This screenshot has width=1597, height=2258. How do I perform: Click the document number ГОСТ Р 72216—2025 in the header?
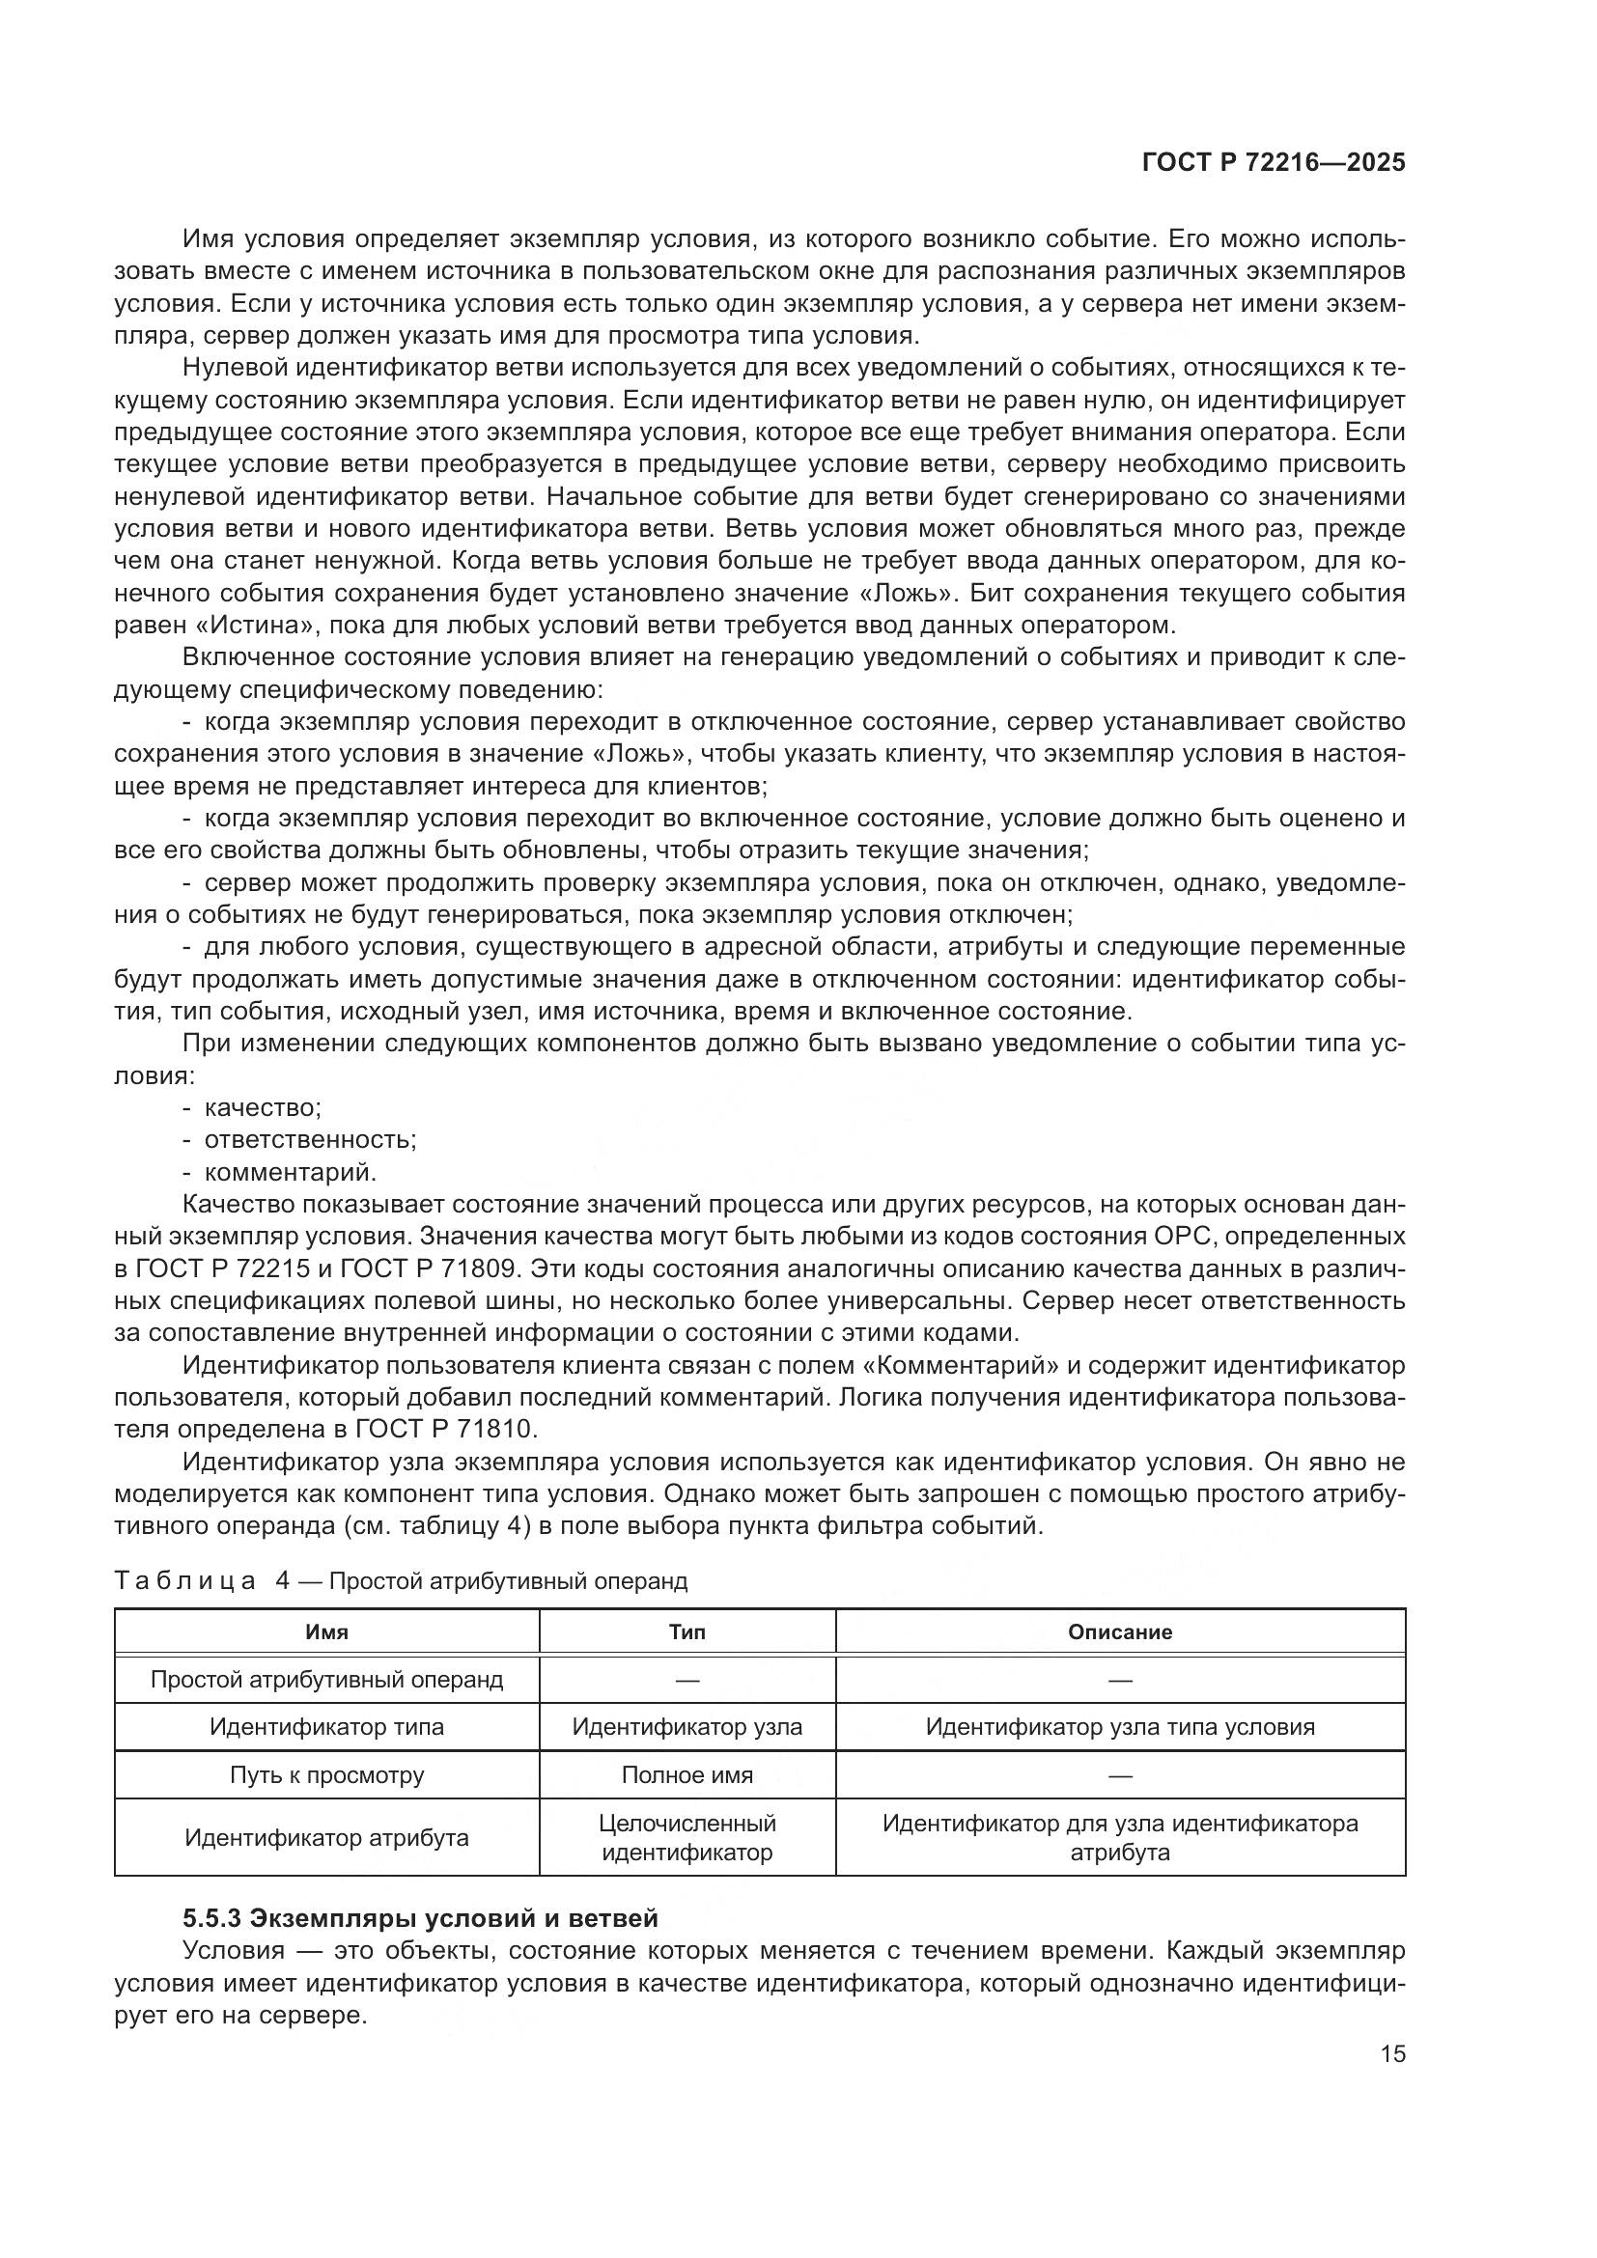pyautogui.click(x=1274, y=163)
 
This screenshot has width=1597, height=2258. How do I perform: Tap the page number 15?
pyautogui.click(x=1392, y=2053)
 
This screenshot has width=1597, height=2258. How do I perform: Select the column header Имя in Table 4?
pyautogui.click(x=326, y=1631)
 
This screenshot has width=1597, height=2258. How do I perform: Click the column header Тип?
pyautogui.click(x=686, y=1631)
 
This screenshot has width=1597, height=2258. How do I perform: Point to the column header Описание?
pyautogui.click(x=1120, y=1631)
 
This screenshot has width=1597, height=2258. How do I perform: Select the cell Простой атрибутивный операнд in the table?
pyautogui.click(x=326, y=1679)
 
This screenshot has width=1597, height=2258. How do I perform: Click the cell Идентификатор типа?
pyautogui.click(x=326, y=1726)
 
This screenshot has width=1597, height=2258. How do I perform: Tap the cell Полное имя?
pyautogui.click(x=686, y=1774)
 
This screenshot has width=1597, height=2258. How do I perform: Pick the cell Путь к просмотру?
pyautogui.click(x=326, y=1774)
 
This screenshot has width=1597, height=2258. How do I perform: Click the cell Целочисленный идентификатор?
pyautogui.click(x=686, y=1837)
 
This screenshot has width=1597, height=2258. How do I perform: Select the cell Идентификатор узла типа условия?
pyautogui.click(x=1120, y=1726)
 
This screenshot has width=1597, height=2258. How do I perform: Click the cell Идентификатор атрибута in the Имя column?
pyautogui.click(x=326, y=1837)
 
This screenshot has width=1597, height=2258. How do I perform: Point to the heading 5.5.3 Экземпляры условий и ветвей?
pyautogui.click(x=420, y=1918)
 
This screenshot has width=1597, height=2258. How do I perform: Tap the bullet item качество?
pyautogui.click(x=262, y=1107)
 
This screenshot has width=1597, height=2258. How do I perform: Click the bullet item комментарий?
pyautogui.click(x=290, y=1172)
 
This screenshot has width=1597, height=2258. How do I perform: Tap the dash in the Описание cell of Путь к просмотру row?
pyautogui.click(x=1120, y=1775)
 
